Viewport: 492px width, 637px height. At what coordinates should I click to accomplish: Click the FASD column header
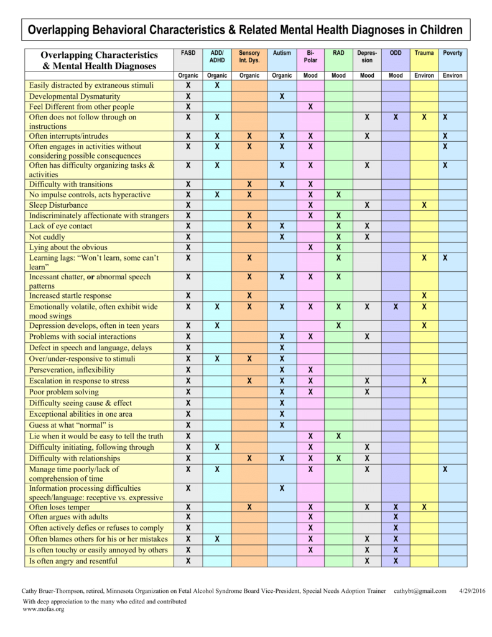tap(188, 53)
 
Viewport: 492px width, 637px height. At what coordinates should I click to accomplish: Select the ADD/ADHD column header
tap(217, 57)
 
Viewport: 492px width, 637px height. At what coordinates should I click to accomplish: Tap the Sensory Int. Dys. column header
tap(249, 57)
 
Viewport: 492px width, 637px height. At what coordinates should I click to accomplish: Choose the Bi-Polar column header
tap(310, 57)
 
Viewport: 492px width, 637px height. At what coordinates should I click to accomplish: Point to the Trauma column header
tap(424, 53)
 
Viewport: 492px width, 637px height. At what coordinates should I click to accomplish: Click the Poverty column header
tap(452, 53)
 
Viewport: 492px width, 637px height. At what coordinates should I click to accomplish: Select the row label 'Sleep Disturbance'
tap(58, 205)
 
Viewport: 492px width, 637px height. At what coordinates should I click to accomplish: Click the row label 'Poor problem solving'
tap(63, 392)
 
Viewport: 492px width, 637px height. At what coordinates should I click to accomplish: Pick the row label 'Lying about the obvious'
tap(68, 248)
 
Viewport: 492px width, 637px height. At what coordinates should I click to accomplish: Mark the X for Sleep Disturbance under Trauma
tap(424, 205)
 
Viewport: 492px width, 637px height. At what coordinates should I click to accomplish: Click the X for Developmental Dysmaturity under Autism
tap(282, 96)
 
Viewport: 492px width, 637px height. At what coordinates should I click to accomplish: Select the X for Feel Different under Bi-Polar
tap(310, 107)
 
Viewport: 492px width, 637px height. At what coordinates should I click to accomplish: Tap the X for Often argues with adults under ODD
tap(396, 517)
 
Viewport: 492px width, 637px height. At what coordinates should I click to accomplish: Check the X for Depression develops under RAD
tap(338, 326)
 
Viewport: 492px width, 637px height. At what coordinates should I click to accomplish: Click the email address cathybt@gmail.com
tap(420, 592)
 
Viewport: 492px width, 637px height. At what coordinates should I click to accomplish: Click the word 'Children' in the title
tap(440, 30)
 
